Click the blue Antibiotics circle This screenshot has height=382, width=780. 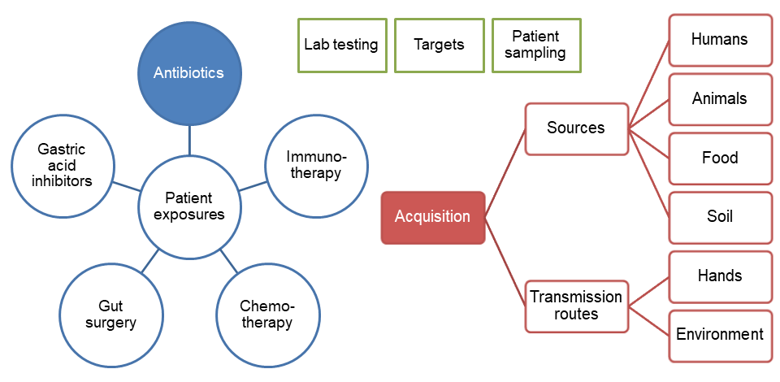pyautogui.click(x=188, y=72)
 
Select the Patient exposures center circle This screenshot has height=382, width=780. pyautogui.click(x=188, y=206)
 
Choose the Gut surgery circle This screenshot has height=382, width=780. pyautogui.click(x=110, y=314)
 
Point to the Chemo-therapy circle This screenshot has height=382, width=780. pyautogui.click(x=266, y=314)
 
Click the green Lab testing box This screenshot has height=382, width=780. pyautogui.click(x=341, y=45)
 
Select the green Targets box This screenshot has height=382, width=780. pyautogui.click(x=439, y=45)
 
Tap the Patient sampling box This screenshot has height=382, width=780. pyautogui.click(x=536, y=45)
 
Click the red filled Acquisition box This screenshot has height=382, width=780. pyautogui.click(x=432, y=217)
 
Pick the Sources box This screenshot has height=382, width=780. pyautogui.click(x=576, y=128)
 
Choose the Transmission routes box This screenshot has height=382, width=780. pyautogui.click(x=576, y=306)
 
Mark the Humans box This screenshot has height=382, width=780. pyautogui.click(x=719, y=40)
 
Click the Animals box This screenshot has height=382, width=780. pyautogui.click(x=719, y=99)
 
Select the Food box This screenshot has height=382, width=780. pyautogui.click(x=719, y=158)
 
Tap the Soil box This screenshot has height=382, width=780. pyautogui.click(x=719, y=217)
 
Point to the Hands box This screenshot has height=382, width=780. pyautogui.click(x=719, y=276)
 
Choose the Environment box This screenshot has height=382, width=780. pyautogui.click(x=719, y=335)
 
